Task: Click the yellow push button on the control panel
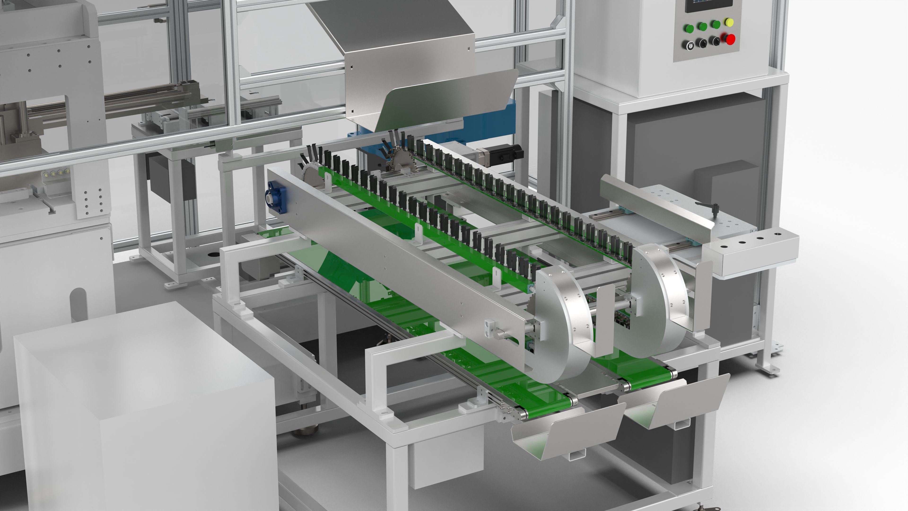729,22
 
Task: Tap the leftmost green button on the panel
688,28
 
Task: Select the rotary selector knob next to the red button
715,41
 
